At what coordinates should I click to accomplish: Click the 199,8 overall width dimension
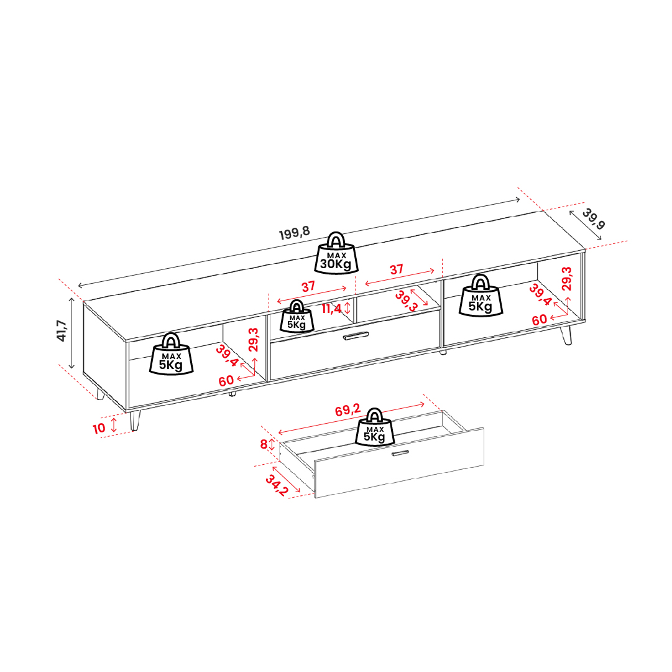[295, 233]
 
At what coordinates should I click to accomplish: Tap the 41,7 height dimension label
[62, 330]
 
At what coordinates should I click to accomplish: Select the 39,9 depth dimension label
[594, 218]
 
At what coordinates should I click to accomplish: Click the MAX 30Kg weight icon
[336, 253]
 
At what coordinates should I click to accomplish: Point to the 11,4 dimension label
[331, 309]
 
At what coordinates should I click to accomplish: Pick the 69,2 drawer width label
[348, 410]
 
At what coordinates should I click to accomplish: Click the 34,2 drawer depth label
[277, 485]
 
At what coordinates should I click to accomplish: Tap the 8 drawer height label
[264, 444]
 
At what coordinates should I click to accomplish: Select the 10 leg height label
[99, 428]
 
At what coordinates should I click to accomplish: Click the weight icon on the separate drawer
[375, 427]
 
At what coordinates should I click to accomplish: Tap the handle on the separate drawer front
[400, 453]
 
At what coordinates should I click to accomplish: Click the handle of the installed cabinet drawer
[356, 336]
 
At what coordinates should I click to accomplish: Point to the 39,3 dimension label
[406, 301]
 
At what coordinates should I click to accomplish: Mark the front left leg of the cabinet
[135, 420]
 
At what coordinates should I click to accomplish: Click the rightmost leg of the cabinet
[566, 335]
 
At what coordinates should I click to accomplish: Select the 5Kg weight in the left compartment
[172, 354]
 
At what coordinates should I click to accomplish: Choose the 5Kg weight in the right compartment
[481, 296]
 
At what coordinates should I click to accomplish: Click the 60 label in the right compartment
[540, 319]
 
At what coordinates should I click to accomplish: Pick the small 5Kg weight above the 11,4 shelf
[297, 317]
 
